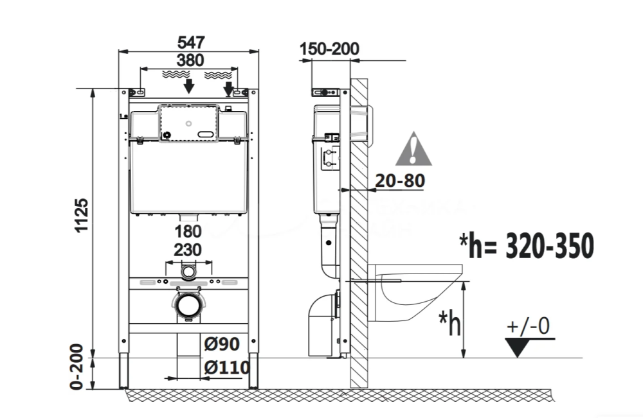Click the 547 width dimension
point(191,42)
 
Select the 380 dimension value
point(190,60)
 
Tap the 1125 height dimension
point(82,215)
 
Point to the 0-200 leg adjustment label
point(77,367)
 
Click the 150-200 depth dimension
point(329,49)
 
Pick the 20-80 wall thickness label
point(400,180)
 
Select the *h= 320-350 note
point(527,245)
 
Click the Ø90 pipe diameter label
point(222,344)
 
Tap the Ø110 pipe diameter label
point(227,367)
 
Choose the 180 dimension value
point(188,232)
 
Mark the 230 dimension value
point(188,250)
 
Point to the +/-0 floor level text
point(528,326)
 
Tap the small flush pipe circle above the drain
point(188,272)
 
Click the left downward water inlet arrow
point(188,86)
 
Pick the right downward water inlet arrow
point(228,89)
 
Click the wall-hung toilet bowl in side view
point(415,292)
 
